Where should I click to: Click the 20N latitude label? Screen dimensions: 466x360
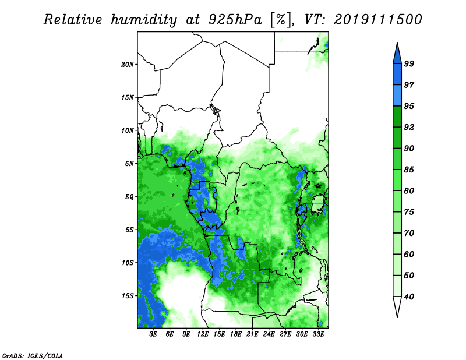pos(128,65)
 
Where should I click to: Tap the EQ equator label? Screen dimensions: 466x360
pos(129,197)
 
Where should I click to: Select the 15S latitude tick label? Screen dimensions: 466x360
pos(128,296)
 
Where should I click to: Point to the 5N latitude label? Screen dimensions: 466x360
pos(129,164)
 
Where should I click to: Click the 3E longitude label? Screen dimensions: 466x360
pos(153,334)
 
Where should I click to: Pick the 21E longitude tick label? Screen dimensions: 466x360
pos(252,334)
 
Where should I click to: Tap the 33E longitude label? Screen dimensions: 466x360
pos(318,334)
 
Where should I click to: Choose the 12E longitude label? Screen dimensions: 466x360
pos(203,334)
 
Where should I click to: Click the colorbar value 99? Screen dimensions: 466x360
pos(409,63)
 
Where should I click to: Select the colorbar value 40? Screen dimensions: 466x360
pos(409,297)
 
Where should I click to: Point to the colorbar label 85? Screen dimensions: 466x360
pos(409,170)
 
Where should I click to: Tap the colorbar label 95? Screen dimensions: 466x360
pos(409,106)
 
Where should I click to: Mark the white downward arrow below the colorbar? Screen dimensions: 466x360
pos(397,306)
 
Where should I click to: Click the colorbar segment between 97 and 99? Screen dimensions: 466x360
pos(397,75)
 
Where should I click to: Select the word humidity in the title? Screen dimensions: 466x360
pos(144,20)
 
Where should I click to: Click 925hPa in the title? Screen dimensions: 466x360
pos(235,20)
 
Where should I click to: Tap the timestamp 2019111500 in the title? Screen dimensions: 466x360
pos(377,20)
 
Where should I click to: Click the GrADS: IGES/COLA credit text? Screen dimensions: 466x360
pos(33,355)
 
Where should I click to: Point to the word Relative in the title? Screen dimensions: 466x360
pos(73,20)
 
